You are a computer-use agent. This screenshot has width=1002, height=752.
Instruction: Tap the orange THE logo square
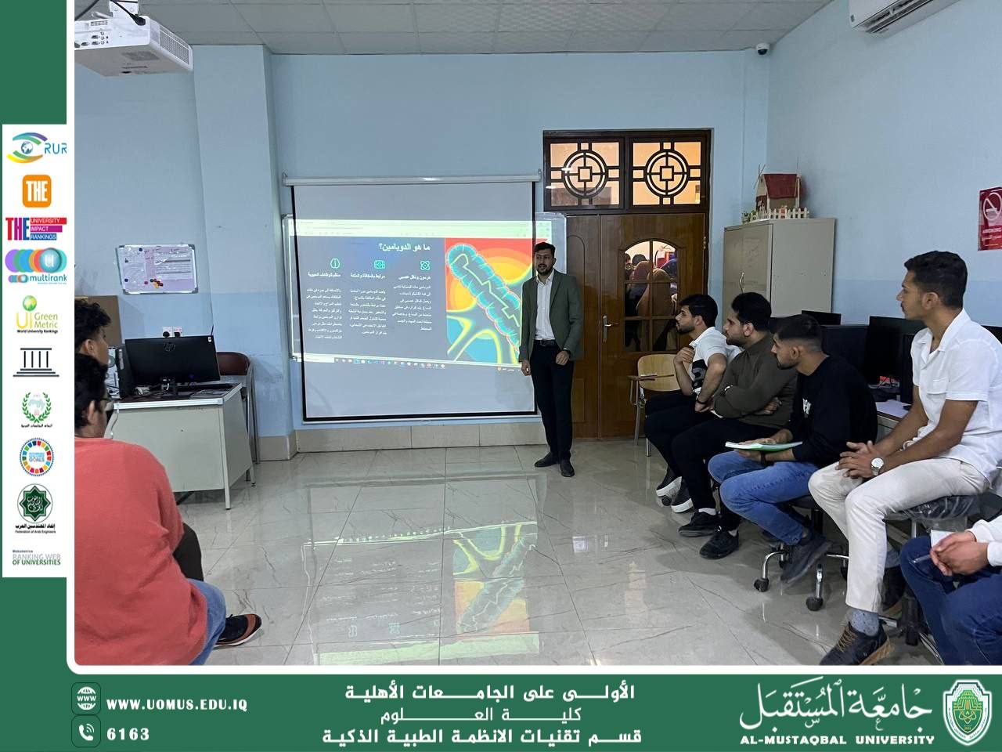click(x=37, y=191)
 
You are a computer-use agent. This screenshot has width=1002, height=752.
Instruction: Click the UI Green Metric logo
click(x=36, y=313)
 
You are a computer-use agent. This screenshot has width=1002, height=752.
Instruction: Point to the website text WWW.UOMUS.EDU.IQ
click(x=177, y=704)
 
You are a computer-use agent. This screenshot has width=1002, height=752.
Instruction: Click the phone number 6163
click(x=128, y=734)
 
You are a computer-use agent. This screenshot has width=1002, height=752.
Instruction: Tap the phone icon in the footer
click(x=86, y=733)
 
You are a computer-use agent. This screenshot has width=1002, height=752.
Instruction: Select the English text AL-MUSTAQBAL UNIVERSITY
click(x=837, y=739)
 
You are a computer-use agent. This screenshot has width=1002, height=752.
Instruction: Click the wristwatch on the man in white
click(x=878, y=465)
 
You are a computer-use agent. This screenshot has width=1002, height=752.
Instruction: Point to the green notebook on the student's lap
click(x=763, y=445)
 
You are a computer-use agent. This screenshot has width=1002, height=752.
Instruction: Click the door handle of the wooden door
click(x=607, y=321)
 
